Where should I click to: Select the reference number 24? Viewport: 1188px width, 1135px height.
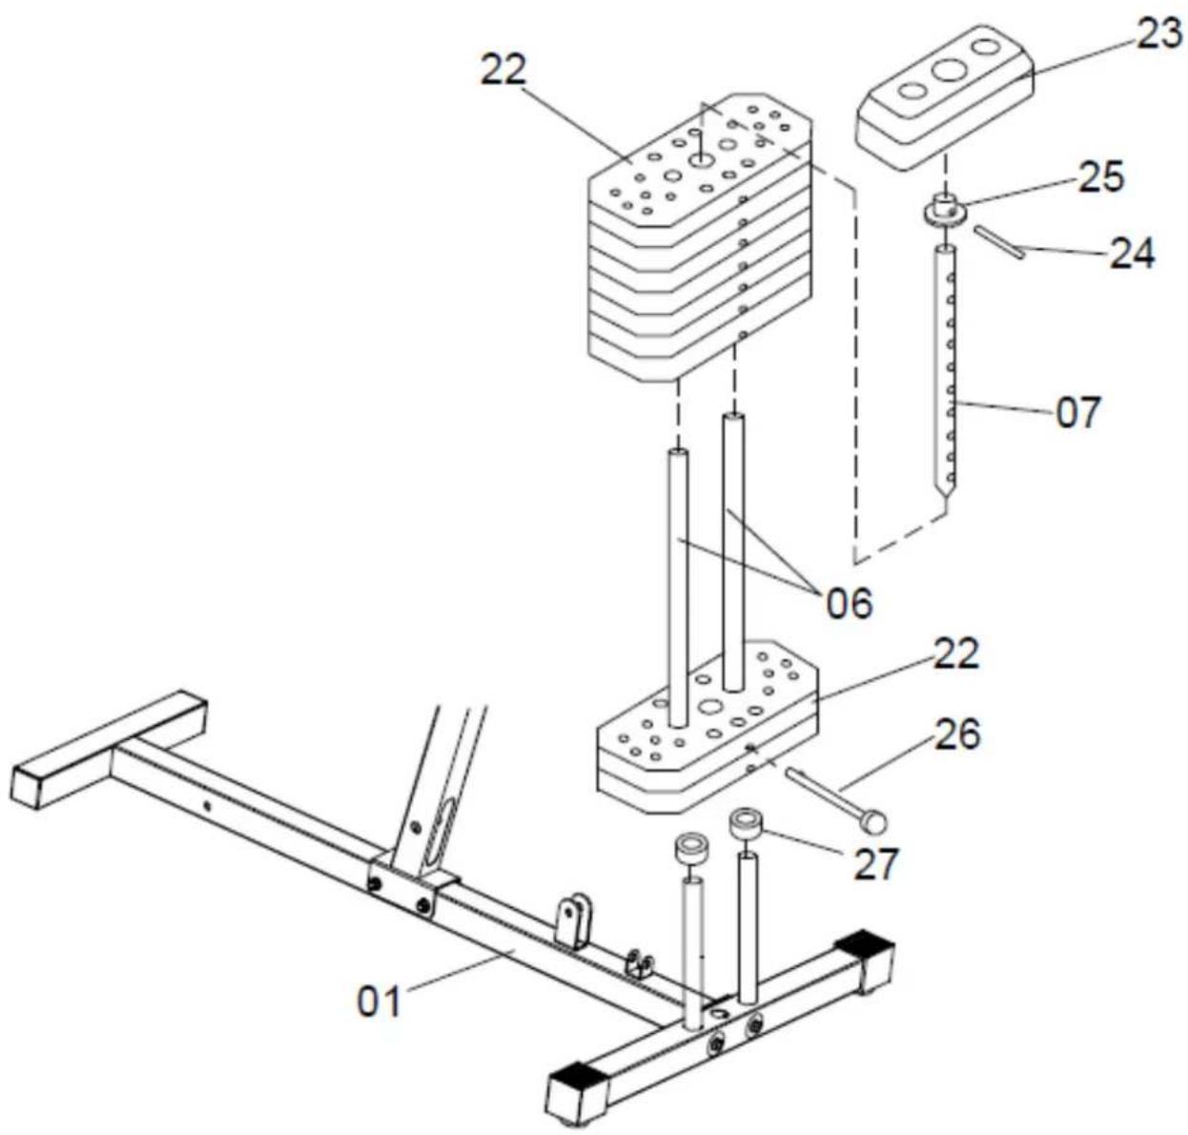[1132, 254]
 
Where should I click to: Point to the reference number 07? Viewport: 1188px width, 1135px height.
[1078, 411]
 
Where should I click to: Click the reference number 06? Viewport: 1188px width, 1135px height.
[850, 604]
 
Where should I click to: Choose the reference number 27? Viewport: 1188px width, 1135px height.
[876, 863]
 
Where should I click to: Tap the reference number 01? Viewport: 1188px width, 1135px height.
[379, 1001]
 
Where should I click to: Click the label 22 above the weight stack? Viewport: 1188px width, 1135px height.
[503, 71]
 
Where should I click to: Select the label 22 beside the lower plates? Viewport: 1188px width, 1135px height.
[956, 654]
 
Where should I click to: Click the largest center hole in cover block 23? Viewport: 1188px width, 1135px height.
[949, 71]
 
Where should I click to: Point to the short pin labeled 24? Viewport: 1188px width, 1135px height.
[999, 242]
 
